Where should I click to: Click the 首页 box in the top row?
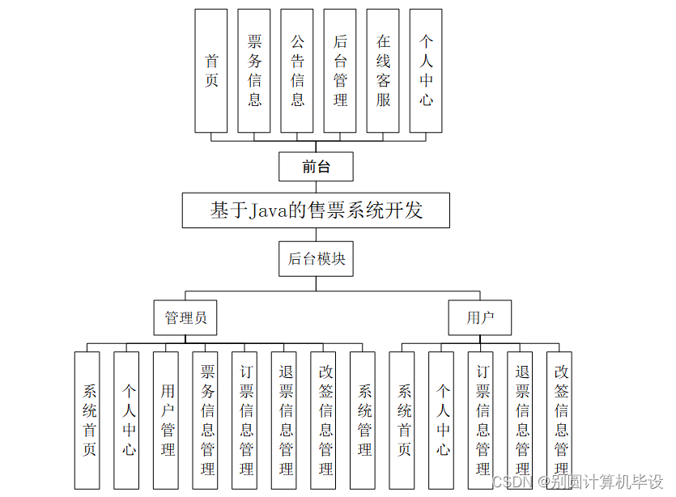click(211, 70)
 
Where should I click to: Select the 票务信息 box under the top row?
click(254, 70)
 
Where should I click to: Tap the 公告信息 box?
click(297, 70)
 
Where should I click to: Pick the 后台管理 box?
click(340, 70)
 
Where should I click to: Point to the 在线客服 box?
click(383, 70)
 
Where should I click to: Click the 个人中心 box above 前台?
click(426, 70)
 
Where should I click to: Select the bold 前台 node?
click(317, 167)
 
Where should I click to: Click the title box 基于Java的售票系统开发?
click(317, 211)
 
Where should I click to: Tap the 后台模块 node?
click(317, 258)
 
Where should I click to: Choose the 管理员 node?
click(185, 317)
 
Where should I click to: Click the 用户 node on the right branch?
click(480, 317)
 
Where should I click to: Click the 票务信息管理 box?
click(207, 419)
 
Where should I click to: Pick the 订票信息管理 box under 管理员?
click(247, 419)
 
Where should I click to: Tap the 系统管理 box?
click(365, 419)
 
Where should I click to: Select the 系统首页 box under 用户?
click(404, 419)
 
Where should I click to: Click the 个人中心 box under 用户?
click(443, 419)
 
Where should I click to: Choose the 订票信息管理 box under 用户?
click(483, 419)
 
